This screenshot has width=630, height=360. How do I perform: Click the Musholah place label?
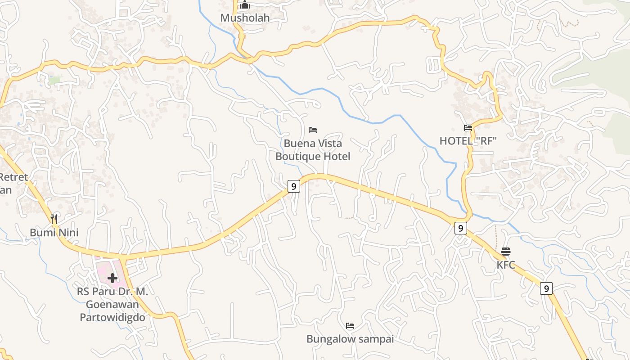pyautogui.click(x=245, y=18)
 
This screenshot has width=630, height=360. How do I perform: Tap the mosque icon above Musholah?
pyautogui.click(x=245, y=5)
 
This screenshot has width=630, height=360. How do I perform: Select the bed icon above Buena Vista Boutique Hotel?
pyautogui.click(x=313, y=130)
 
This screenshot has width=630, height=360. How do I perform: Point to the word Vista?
pyautogui.click(x=328, y=144)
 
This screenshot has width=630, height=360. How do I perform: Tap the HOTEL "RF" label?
pyautogui.click(x=468, y=141)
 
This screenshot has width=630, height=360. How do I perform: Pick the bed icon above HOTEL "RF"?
pyautogui.click(x=468, y=128)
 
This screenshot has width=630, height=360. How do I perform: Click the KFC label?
pyautogui.click(x=506, y=265)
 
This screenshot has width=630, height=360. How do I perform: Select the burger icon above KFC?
pyautogui.click(x=506, y=251)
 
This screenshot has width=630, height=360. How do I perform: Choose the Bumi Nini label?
pyautogui.click(x=54, y=232)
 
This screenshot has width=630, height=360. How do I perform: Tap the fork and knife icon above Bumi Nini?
pyautogui.click(x=54, y=219)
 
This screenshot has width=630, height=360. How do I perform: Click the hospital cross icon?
pyautogui.click(x=112, y=278)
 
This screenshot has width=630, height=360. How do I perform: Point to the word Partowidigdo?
pyautogui.click(x=112, y=317)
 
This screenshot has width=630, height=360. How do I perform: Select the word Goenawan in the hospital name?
pyautogui.click(x=112, y=304)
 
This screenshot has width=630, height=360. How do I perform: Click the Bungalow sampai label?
pyautogui.click(x=350, y=339)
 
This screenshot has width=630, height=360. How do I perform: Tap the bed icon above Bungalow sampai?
pyautogui.click(x=350, y=326)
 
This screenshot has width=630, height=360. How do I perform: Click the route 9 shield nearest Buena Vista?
pyautogui.click(x=293, y=186)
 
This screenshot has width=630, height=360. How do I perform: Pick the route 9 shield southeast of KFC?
pyautogui.click(x=546, y=288)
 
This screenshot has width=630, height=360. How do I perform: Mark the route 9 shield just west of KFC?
pyautogui.click(x=460, y=228)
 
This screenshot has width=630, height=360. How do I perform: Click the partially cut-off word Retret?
pyautogui.click(x=13, y=177)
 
